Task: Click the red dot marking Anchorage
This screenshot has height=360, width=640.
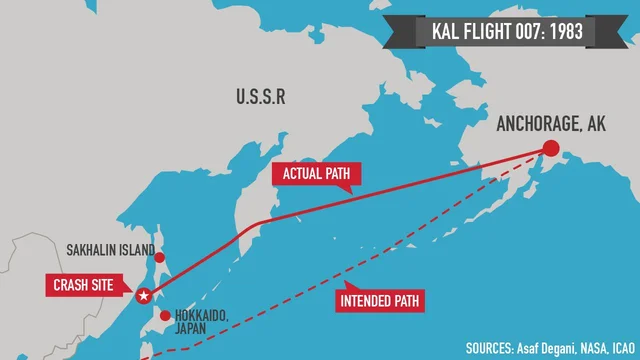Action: tap(550, 149)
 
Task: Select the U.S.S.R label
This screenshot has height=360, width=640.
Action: tap(261, 97)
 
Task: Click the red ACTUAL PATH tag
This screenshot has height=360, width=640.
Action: tap(316, 175)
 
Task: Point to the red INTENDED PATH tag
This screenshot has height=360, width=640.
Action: tap(380, 299)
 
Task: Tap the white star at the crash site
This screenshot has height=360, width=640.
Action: tap(142, 295)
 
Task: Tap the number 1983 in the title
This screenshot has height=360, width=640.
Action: tap(570, 31)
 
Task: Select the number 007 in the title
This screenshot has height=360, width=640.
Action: tap(528, 31)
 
